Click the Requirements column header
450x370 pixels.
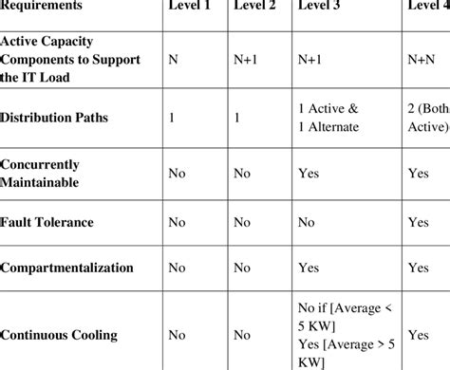(x=42, y=6)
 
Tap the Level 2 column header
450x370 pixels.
(x=255, y=6)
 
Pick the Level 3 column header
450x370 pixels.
(x=320, y=6)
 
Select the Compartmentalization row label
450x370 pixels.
(x=67, y=268)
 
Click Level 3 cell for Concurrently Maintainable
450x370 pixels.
(x=309, y=173)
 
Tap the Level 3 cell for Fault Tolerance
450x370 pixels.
(x=307, y=222)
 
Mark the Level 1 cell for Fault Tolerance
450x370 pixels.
(x=177, y=222)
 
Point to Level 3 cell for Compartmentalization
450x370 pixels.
(x=309, y=268)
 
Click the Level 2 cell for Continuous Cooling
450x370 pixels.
(x=242, y=334)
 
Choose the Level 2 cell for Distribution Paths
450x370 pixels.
(x=237, y=120)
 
